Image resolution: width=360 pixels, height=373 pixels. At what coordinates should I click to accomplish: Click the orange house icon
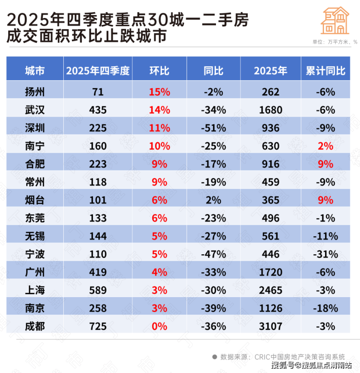[x=335, y=20]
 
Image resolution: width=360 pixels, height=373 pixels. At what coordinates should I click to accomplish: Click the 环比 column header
[x=159, y=71]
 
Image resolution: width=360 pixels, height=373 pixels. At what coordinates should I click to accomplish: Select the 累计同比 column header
[x=325, y=71]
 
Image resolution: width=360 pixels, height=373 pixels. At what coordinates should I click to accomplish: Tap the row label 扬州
[x=35, y=92]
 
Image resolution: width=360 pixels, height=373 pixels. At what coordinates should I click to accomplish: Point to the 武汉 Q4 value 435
[x=98, y=110]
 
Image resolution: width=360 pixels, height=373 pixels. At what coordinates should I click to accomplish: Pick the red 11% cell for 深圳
[x=159, y=128]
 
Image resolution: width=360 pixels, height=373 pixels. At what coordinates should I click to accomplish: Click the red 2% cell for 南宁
[x=325, y=146]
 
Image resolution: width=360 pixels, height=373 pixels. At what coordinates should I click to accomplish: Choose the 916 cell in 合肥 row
[x=270, y=164]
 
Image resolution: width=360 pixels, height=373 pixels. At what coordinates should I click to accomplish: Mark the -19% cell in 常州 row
[x=214, y=182]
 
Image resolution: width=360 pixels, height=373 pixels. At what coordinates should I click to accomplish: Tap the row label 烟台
[x=35, y=200]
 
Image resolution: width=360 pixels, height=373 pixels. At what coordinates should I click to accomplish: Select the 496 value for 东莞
[x=270, y=218]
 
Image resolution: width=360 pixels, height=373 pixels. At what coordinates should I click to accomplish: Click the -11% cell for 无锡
[x=325, y=236]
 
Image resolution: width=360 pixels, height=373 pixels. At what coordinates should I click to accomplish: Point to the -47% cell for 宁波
[x=214, y=254]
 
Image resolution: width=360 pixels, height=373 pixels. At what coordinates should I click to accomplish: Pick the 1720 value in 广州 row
[x=270, y=272]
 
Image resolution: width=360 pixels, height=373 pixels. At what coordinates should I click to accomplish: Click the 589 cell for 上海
[x=98, y=290]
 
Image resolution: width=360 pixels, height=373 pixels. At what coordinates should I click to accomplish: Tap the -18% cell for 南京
[x=325, y=308]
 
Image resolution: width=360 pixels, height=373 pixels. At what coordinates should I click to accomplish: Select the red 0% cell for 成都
[x=159, y=326]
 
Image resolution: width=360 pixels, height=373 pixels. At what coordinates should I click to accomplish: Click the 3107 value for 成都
[x=270, y=326]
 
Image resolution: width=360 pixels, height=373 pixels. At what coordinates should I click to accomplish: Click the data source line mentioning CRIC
[x=282, y=356]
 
